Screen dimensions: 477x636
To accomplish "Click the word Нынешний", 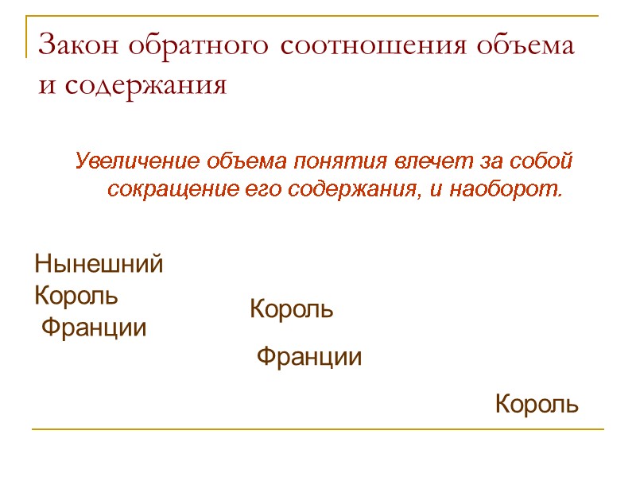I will (99, 264).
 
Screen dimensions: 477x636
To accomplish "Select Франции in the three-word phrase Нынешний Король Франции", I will (94, 328).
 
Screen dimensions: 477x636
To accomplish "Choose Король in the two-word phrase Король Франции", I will (292, 309).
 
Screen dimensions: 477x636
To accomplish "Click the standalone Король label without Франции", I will (537, 405).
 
